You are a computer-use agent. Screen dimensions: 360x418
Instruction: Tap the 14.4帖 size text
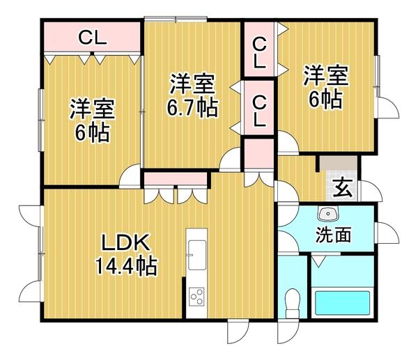(125, 265)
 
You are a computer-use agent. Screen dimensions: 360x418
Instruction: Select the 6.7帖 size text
(191, 108)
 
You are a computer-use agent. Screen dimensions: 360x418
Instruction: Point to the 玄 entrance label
(341, 187)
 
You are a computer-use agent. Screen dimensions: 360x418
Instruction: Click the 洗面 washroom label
(333, 235)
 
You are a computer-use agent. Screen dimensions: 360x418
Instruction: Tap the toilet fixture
(292, 305)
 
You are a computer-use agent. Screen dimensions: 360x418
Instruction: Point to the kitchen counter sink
(196, 250)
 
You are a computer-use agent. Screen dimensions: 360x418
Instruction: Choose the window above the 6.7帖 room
(175, 18)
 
